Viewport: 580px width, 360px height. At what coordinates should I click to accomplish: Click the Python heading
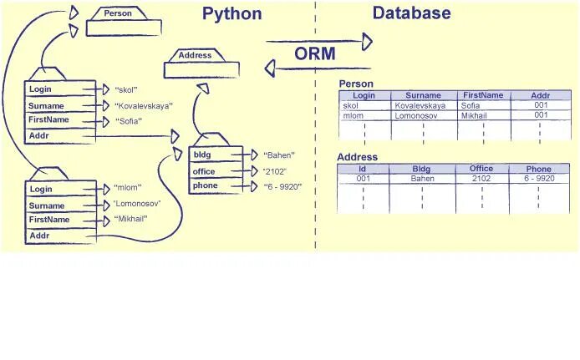click(231, 14)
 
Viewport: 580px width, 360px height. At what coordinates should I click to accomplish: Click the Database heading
click(411, 13)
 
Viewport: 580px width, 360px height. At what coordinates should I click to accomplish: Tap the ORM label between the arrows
click(314, 54)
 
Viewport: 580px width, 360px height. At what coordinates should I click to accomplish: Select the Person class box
click(118, 14)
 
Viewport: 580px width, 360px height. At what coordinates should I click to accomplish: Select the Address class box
click(195, 56)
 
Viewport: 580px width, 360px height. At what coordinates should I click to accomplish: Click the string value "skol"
click(125, 89)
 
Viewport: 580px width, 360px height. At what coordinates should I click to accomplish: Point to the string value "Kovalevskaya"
click(143, 106)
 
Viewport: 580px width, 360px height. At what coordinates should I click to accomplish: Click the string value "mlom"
click(127, 187)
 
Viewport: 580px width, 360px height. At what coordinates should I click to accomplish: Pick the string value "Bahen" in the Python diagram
click(280, 155)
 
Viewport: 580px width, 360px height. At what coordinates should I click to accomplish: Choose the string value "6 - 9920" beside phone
click(282, 186)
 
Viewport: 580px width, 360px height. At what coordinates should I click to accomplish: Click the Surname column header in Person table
click(423, 96)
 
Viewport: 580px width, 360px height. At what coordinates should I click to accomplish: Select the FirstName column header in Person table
click(483, 95)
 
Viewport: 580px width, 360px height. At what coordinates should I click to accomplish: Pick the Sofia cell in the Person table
click(471, 106)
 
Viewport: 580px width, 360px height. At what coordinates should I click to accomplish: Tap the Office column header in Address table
click(481, 169)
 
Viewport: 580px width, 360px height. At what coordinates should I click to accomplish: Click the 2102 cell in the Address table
click(481, 179)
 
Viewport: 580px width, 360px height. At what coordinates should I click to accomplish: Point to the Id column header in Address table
click(362, 169)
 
